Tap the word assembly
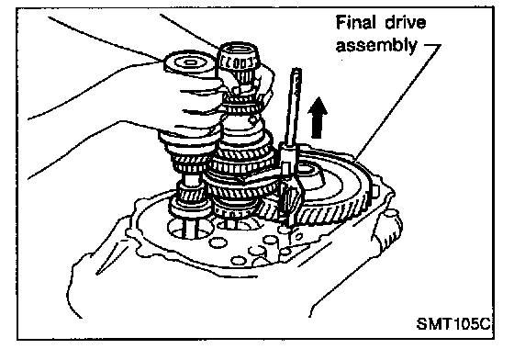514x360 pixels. pos(376,45)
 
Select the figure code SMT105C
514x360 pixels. pos(453,323)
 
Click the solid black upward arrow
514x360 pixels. pos(318,118)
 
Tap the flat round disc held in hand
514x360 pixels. pos(189,63)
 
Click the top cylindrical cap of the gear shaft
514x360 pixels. pos(238,56)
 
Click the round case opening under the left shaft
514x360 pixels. pos(189,229)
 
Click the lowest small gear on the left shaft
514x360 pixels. pos(189,206)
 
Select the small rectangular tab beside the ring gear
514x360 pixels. pos(376,191)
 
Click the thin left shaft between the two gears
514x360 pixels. pos(189,179)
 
